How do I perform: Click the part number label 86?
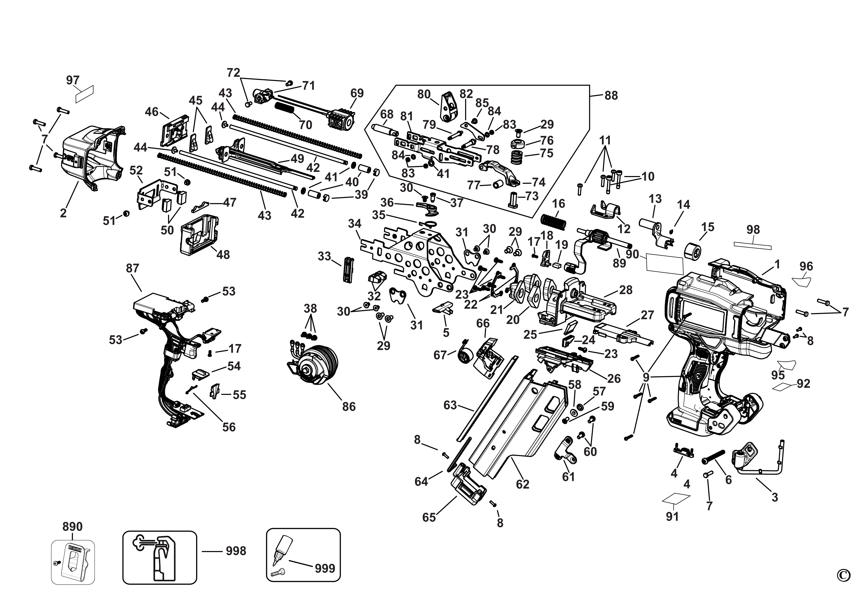[x=349, y=407]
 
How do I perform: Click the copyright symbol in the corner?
[x=844, y=586]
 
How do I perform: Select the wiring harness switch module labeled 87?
[x=166, y=332]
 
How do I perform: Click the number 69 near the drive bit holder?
[x=357, y=93]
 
